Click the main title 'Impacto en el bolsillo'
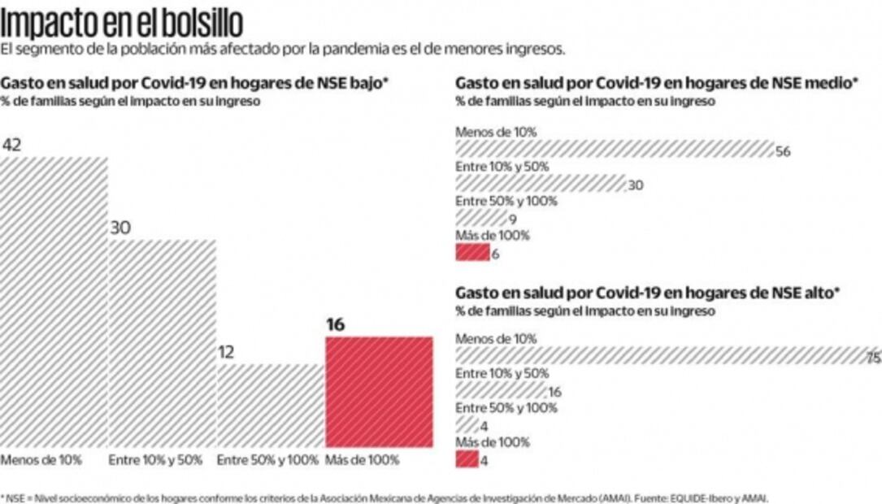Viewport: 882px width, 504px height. tap(121, 22)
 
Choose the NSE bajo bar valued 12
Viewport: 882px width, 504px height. tap(270, 404)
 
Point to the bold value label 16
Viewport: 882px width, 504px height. tap(335, 325)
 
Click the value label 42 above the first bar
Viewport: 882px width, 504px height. tap(11, 146)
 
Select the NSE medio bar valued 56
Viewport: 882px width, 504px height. tap(614, 149)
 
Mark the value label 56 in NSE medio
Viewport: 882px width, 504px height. tap(783, 151)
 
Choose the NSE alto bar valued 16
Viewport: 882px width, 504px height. tap(500, 391)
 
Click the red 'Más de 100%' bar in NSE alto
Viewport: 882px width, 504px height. tap(467, 459)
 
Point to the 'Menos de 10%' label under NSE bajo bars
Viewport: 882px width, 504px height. tap(41, 459)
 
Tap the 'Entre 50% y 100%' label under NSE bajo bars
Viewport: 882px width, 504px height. tap(267, 459)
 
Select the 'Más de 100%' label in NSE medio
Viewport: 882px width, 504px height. tap(493, 236)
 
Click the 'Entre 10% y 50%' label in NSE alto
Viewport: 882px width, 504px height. tap(502, 373)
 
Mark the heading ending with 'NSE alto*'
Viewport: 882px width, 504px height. tap(648, 292)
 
